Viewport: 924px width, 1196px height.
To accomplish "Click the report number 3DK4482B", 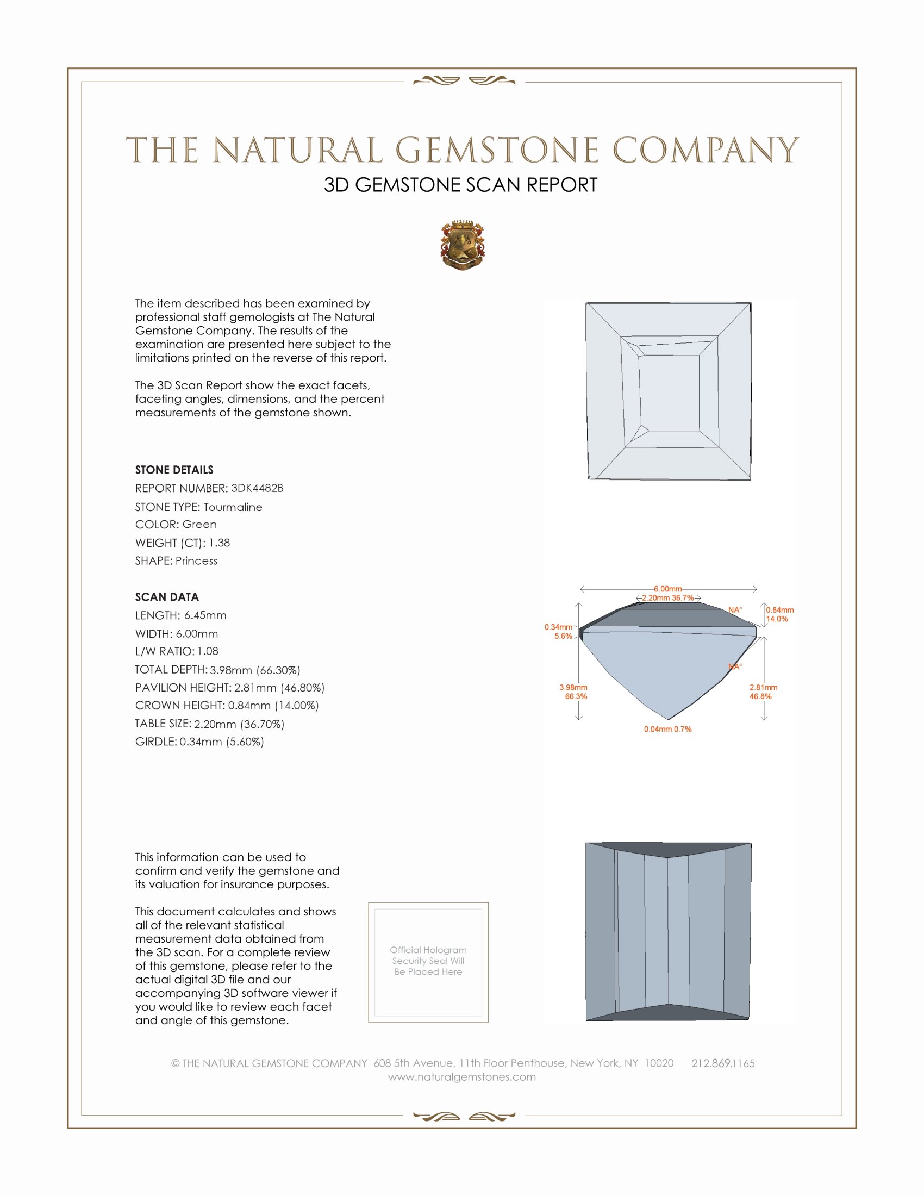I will [x=257, y=488].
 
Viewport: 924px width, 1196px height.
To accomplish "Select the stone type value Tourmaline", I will [x=233, y=507].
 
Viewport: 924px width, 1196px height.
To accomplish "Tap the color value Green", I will [x=199, y=525].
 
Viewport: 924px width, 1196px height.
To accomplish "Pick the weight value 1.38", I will [x=219, y=543].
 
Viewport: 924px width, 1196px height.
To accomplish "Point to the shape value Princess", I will [x=197, y=561].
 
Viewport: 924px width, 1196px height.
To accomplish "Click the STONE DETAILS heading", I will [x=174, y=470].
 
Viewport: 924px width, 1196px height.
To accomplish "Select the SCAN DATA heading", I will [x=167, y=597].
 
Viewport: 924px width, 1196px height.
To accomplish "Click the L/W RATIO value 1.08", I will [x=208, y=651].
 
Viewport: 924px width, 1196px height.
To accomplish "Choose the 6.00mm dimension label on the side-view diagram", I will [x=668, y=589].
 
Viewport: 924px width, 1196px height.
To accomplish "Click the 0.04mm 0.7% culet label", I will [x=667, y=730].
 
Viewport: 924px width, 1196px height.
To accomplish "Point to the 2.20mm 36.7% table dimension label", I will [x=668, y=598].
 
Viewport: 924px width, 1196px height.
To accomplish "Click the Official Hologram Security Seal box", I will [x=428, y=962].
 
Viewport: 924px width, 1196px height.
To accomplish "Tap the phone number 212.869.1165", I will [x=722, y=1063].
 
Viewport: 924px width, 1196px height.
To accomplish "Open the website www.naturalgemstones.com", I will [x=462, y=1077].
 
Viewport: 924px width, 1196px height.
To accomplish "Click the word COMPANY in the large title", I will [x=706, y=150].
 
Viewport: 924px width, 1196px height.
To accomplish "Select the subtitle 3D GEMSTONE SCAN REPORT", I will [x=460, y=185].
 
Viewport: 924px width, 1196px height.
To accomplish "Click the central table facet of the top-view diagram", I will [x=669, y=393].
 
